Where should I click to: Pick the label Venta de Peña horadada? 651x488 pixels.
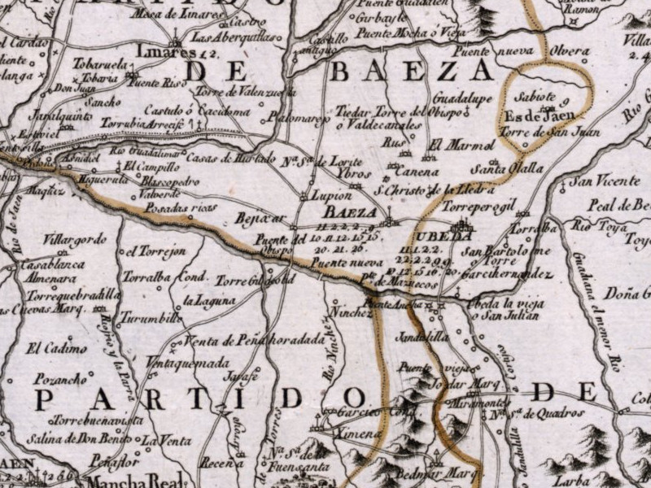point(256,342)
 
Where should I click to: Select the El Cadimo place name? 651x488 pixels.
point(57,349)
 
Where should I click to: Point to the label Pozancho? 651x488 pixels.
point(60,378)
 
